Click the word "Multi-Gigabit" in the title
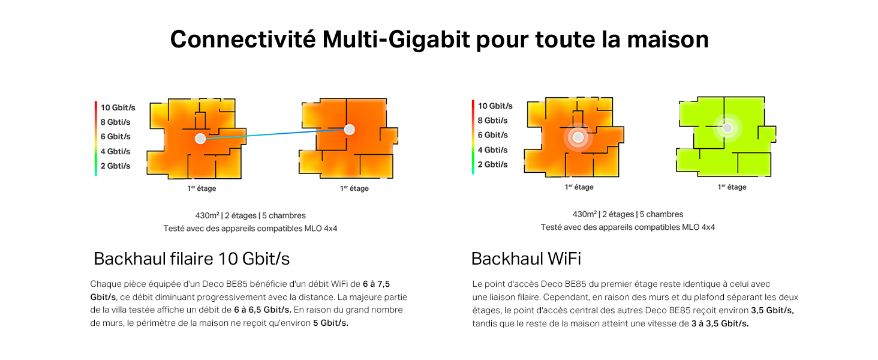tap(396, 40)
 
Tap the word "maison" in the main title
tap(668, 40)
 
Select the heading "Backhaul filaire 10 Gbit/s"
tap(192, 259)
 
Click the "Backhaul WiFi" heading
tap(526, 259)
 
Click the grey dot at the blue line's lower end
tap(200, 139)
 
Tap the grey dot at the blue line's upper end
tap(349, 130)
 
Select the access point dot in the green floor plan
tap(727, 128)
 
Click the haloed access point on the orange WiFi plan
tap(578, 137)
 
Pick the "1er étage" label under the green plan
tap(732, 187)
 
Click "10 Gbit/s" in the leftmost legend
tap(118, 107)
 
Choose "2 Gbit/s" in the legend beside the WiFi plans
tap(493, 164)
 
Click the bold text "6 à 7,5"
tap(376, 284)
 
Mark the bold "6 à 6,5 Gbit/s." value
tap(263, 310)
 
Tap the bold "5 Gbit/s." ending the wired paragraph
tap(331, 323)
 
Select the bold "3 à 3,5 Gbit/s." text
tap(720, 323)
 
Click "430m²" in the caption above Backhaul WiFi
tap(584, 214)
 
